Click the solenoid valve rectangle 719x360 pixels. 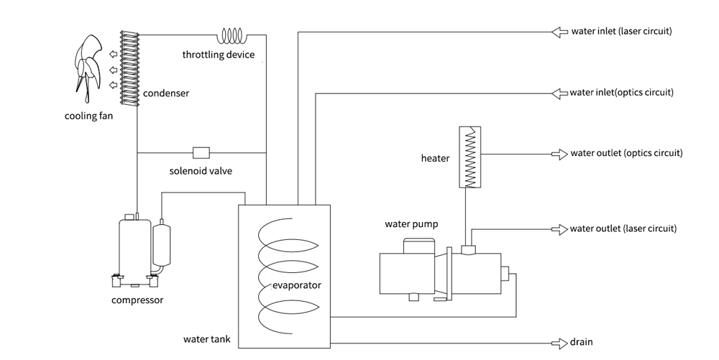click(201, 152)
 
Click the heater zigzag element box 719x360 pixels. click(470, 156)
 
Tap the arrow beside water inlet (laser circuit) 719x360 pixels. click(559, 32)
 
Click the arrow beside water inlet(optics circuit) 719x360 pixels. click(559, 93)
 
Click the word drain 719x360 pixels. click(582, 343)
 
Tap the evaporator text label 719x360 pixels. click(297, 285)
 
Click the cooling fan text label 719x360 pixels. click(89, 116)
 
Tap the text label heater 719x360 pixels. click(436, 158)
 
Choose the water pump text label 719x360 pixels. click(411, 224)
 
